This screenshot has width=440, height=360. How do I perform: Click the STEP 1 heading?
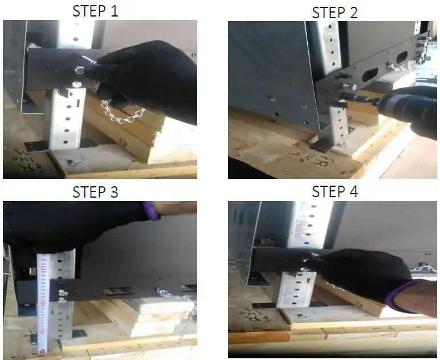[95, 11]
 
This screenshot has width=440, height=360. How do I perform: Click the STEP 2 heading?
[335, 13]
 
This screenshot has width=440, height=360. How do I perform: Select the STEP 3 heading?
[95, 192]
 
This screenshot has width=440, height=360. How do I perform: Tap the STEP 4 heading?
[335, 192]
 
